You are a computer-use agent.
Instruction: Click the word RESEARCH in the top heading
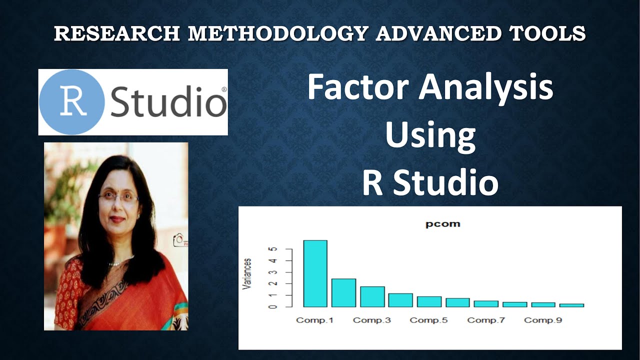[x=117, y=33]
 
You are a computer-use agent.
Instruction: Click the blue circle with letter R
[x=71, y=102]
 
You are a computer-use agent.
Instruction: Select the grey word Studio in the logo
[x=168, y=102]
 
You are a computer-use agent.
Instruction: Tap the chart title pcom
[x=442, y=224]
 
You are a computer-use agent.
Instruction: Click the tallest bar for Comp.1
[x=315, y=273]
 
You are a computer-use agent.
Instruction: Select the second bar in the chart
[x=343, y=293]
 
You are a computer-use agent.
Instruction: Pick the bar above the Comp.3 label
[x=372, y=297]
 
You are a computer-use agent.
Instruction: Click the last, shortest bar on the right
[x=571, y=305]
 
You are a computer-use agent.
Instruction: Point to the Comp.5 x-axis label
[x=428, y=320]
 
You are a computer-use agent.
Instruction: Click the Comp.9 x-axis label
[x=542, y=320]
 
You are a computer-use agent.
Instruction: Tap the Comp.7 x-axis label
[x=485, y=320]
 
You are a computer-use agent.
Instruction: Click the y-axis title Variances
[x=247, y=274]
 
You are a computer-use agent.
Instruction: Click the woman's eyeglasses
[x=118, y=197]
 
